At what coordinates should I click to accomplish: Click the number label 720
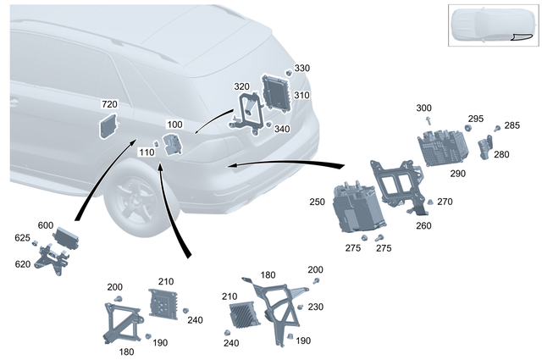[x=109, y=104]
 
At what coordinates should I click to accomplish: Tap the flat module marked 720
[x=109, y=125]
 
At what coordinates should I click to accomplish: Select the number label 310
[x=302, y=96]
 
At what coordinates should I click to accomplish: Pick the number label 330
[x=302, y=68]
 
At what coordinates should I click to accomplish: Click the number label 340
[x=282, y=130]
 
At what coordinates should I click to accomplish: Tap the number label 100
[x=175, y=125]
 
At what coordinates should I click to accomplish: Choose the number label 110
[x=146, y=152]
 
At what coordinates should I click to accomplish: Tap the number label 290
[x=458, y=173]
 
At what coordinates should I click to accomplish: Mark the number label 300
[x=424, y=108]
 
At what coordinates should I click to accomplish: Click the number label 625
[x=22, y=238]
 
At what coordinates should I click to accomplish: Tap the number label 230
[x=315, y=307]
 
